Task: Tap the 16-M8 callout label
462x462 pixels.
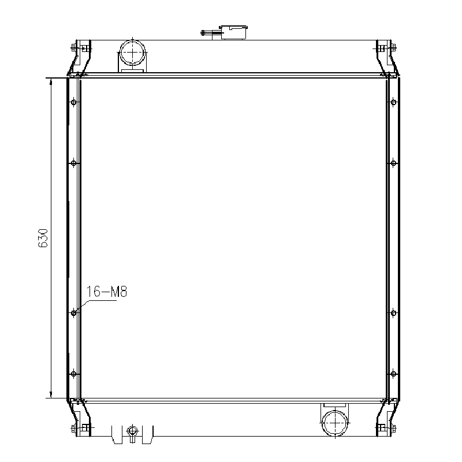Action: click(x=106, y=292)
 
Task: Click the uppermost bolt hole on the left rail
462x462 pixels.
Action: click(x=73, y=103)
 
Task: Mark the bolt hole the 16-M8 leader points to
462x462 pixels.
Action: click(x=73, y=313)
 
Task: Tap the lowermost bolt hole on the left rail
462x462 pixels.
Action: click(x=73, y=374)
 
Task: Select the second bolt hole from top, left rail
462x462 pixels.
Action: click(x=73, y=163)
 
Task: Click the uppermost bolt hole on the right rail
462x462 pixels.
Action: click(x=393, y=103)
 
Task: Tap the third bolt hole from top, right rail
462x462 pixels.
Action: click(x=393, y=313)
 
